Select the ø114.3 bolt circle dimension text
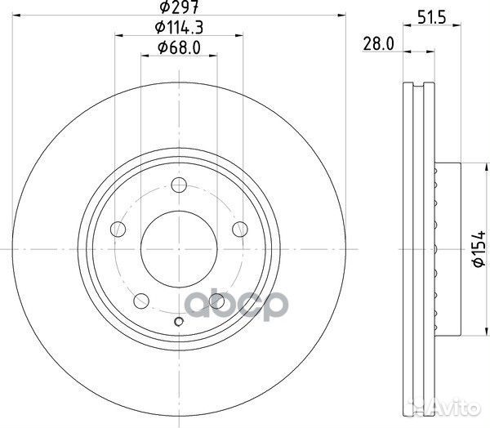(x=179, y=29)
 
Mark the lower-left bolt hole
(x=140, y=301)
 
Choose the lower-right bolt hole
(x=217, y=301)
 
